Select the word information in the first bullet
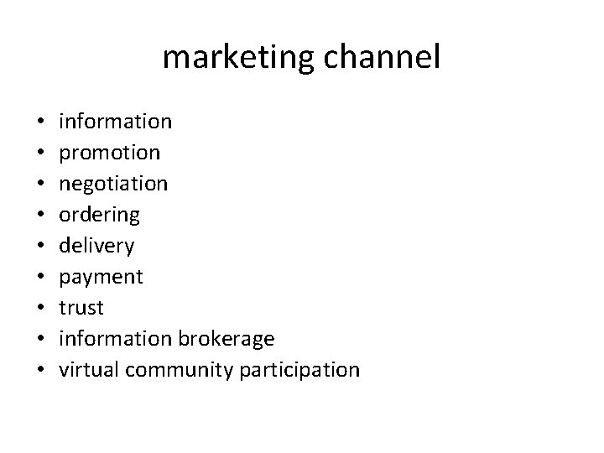(116, 122)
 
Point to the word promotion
(109, 153)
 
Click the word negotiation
(113, 184)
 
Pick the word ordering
(100, 215)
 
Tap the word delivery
(96, 246)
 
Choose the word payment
(101, 277)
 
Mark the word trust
(81, 308)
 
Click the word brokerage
(226, 339)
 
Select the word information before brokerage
(116, 339)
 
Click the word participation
(299, 370)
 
